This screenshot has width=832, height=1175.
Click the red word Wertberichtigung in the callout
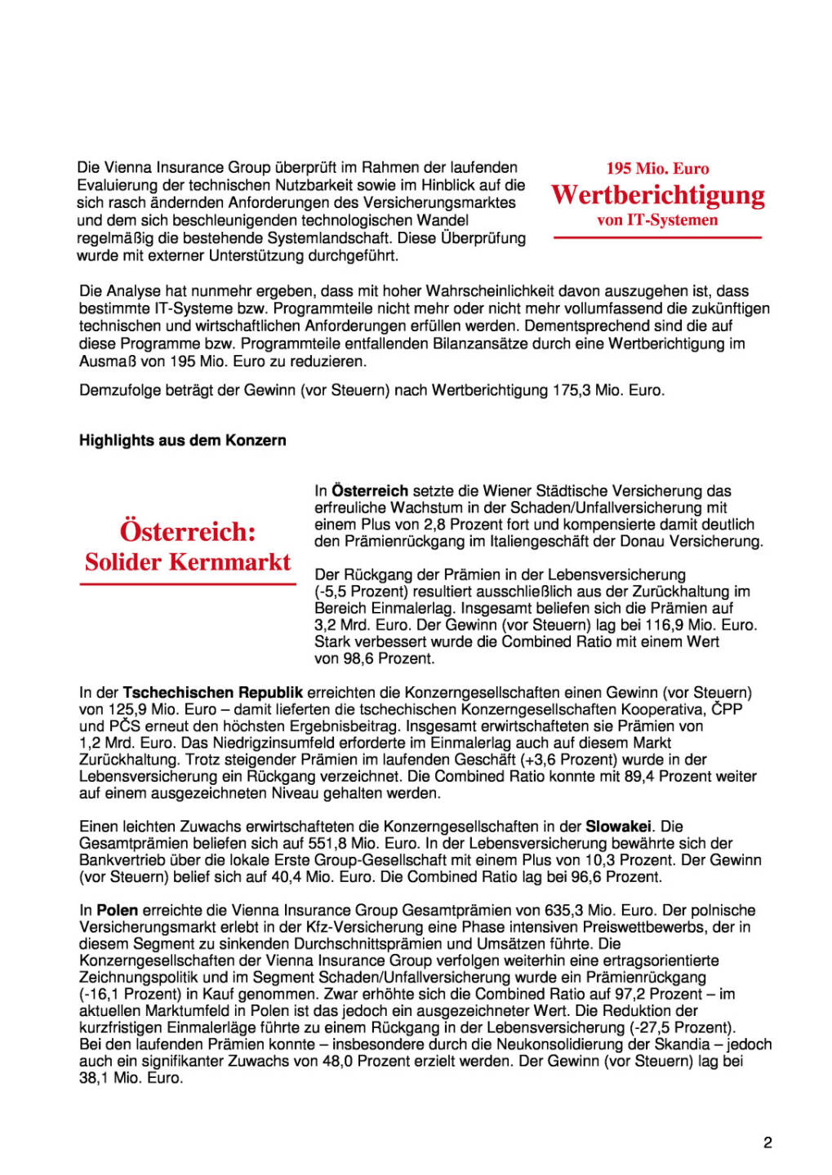tap(658, 195)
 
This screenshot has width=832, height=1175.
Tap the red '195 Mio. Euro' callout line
tap(657, 169)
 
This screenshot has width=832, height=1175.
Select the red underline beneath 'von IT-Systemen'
tap(657, 237)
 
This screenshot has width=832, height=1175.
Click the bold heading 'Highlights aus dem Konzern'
tap(183, 441)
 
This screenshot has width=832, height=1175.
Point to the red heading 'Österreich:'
tap(188, 531)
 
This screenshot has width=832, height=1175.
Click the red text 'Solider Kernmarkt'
tap(188, 562)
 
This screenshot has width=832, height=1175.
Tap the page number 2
tap(767, 1142)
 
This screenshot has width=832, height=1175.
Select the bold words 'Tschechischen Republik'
tap(213, 693)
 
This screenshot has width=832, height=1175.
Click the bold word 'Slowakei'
tap(618, 827)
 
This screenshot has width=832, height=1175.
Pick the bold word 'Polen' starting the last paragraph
tap(118, 911)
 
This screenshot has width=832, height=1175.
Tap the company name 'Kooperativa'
tap(662, 710)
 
